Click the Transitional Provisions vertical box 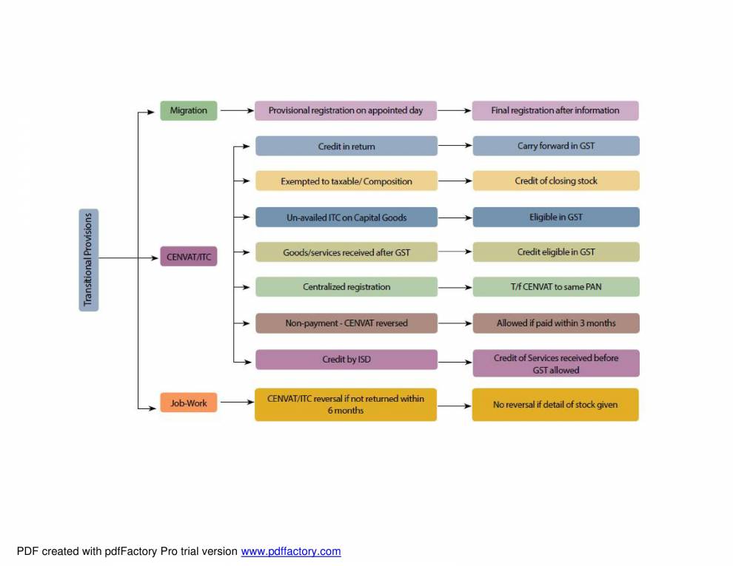pyautogui.click(x=88, y=260)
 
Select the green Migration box pyautogui.click(x=189, y=110)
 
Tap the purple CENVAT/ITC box pyautogui.click(x=189, y=257)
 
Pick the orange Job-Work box pyautogui.click(x=189, y=403)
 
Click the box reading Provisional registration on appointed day pyautogui.click(x=346, y=110)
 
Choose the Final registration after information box pyautogui.click(x=555, y=110)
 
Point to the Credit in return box pyautogui.click(x=346, y=146)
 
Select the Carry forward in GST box pyautogui.click(x=555, y=146)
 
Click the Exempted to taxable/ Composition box pyautogui.click(x=346, y=181)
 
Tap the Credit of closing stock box pyautogui.click(x=555, y=181)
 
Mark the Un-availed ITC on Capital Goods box pyautogui.click(x=346, y=217)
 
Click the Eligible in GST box pyautogui.click(x=555, y=217)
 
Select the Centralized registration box pyautogui.click(x=346, y=286)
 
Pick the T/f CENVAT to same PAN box pyautogui.click(x=555, y=286)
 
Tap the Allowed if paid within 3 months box pyautogui.click(x=555, y=323)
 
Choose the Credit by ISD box pyautogui.click(x=346, y=359)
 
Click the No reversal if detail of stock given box pyautogui.click(x=555, y=405)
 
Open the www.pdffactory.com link pyautogui.click(x=290, y=551)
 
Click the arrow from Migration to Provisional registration pyautogui.click(x=236, y=110)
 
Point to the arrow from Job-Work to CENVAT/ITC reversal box pyautogui.click(x=236, y=402)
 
